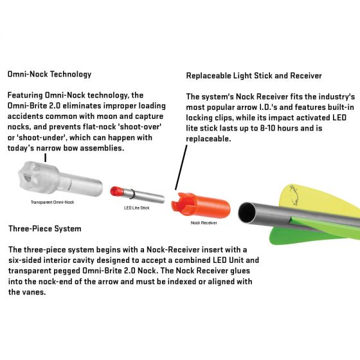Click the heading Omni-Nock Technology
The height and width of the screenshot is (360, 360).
click(x=49, y=74)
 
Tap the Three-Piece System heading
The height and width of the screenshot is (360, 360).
click(x=44, y=228)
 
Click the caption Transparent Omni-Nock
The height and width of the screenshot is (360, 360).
click(x=53, y=203)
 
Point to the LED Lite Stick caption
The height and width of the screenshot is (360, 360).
click(x=136, y=208)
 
